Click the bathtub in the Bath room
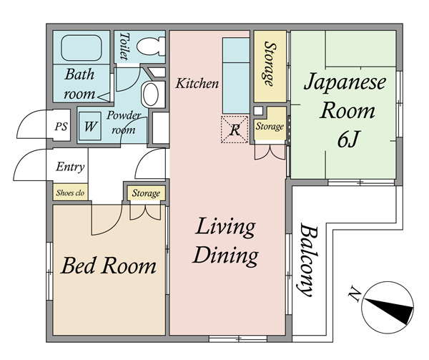pos(82,48)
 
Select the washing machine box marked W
pos(90,126)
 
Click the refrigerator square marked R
pos(235,130)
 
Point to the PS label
pos(61,127)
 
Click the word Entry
pos(70,167)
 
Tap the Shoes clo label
pos(70,193)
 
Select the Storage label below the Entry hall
pos(146,193)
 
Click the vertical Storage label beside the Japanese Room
pos(270,64)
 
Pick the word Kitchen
pos(197,83)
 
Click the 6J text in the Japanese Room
pos(347,139)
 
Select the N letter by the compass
pos(354,293)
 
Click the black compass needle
pos(389,310)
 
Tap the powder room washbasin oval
pos(150,94)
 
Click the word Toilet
pos(124,47)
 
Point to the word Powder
pos(124,115)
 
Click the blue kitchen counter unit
pos(236,76)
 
